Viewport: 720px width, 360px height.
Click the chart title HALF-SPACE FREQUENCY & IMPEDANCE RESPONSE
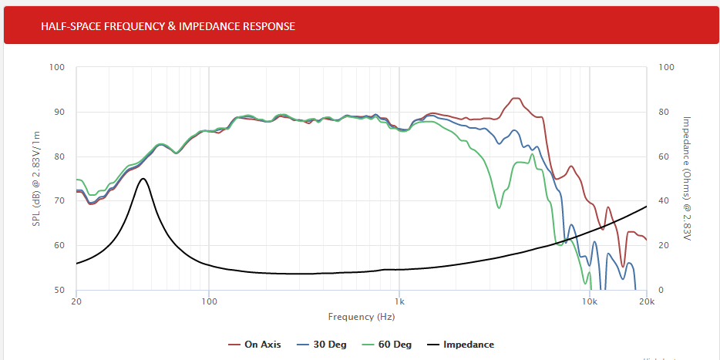[x=168, y=26]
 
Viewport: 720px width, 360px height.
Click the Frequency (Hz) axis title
[x=361, y=317]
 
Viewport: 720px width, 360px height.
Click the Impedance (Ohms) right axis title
[x=686, y=178]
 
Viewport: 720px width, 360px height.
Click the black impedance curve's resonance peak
[x=143, y=178]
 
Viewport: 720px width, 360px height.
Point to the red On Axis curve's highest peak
[x=515, y=98]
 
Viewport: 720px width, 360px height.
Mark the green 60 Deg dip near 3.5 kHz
[x=500, y=207]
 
